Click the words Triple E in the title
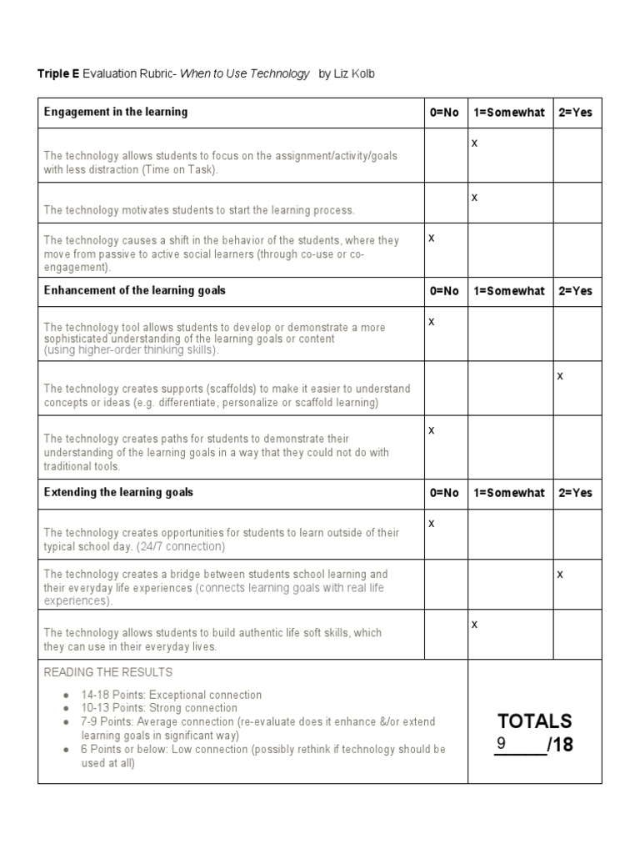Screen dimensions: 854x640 tap(58, 74)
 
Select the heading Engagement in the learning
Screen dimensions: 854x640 tap(116, 112)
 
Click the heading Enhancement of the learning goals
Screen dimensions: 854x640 tap(134, 291)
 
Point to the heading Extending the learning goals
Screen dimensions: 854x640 tap(118, 493)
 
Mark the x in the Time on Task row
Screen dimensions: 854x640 tap(474, 143)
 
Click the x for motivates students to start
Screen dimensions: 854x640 tap(474, 198)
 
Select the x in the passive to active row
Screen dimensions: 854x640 tap(432, 238)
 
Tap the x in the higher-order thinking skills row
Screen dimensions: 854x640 tap(432, 321)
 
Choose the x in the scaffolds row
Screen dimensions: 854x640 tap(560, 376)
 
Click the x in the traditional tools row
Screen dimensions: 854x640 tap(432, 430)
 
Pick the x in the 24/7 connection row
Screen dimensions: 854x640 tap(432, 523)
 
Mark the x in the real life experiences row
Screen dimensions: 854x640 tap(560, 574)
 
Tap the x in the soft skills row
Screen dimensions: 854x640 tap(474, 624)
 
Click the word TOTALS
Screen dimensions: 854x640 tap(535, 721)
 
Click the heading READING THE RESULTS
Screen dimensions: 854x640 tap(108, 672)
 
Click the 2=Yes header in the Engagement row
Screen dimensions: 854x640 tap(575, 113)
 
